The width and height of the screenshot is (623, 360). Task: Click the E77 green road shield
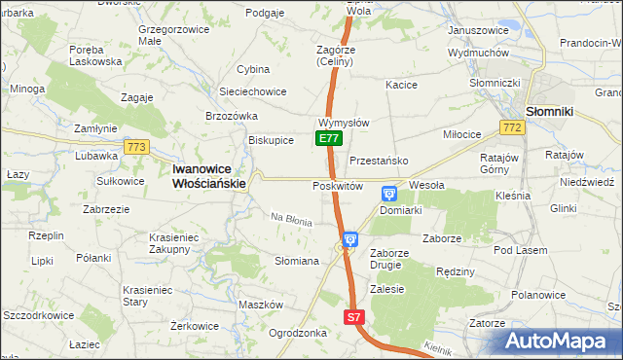pyautogui.click(x=328, y=139)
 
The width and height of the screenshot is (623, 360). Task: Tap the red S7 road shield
pyautogui.click(x=354, y=317)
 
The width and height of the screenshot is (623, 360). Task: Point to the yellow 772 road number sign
pyautogui.click(x=510, y=128)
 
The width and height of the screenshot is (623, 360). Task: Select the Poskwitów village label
pyautogui.click(x=338, y=186)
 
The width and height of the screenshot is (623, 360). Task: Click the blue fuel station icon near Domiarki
pyautogui.click(x=389, y=194)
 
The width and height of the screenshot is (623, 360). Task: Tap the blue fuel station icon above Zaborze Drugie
pyautogui.click(x=350, y=238)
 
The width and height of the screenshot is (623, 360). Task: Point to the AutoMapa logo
pyautogui.click(x=560, y=342)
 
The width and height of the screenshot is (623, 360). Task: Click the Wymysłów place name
pyautogui.click(x=343, y=124)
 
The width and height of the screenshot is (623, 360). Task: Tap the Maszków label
pyautogui.click(x=260, y=305)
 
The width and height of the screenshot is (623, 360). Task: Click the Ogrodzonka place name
pyautogui.click(x=297, y=332)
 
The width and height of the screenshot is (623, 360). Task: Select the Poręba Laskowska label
pyautogui.click(x=95, y=54)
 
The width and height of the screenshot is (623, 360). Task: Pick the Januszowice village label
pyautogui.click(x=478, y=30)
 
